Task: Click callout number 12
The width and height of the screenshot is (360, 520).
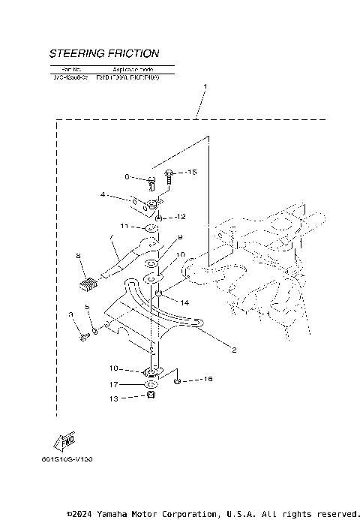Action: click(180, 216)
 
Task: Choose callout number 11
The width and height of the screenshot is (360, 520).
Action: click(124, 226)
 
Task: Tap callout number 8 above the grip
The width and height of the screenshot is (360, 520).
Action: click(77, 256)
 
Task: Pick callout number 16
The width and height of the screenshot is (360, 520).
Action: click(207, 380)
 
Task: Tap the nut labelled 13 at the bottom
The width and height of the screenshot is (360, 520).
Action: click(151, 395)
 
